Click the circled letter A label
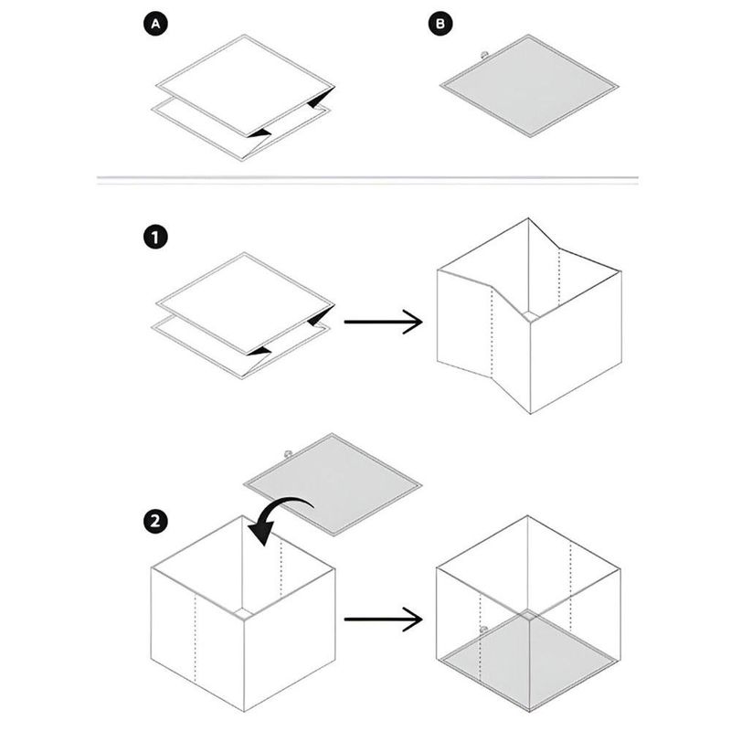tap(155, 24)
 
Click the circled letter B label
tap(440, 24)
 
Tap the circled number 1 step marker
tap(155, 238)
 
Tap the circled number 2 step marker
tap(155, 521)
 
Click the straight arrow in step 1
tap(383, 322)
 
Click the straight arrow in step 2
tap(383, 620)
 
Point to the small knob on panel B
tap(484, 55)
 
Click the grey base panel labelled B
tap(529, 86)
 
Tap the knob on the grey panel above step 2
tap(288, 453)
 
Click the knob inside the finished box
tap(484, 630)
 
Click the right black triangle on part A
tap(320, 98)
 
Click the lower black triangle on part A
tap(260, 133)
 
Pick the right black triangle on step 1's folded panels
tap(320, 315)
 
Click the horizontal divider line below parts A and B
tap(367, 177)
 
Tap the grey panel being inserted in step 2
tap(333, 485)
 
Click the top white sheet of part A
tap(245, 86)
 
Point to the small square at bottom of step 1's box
tap(530, 315)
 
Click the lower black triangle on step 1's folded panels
tap(260, 352)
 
